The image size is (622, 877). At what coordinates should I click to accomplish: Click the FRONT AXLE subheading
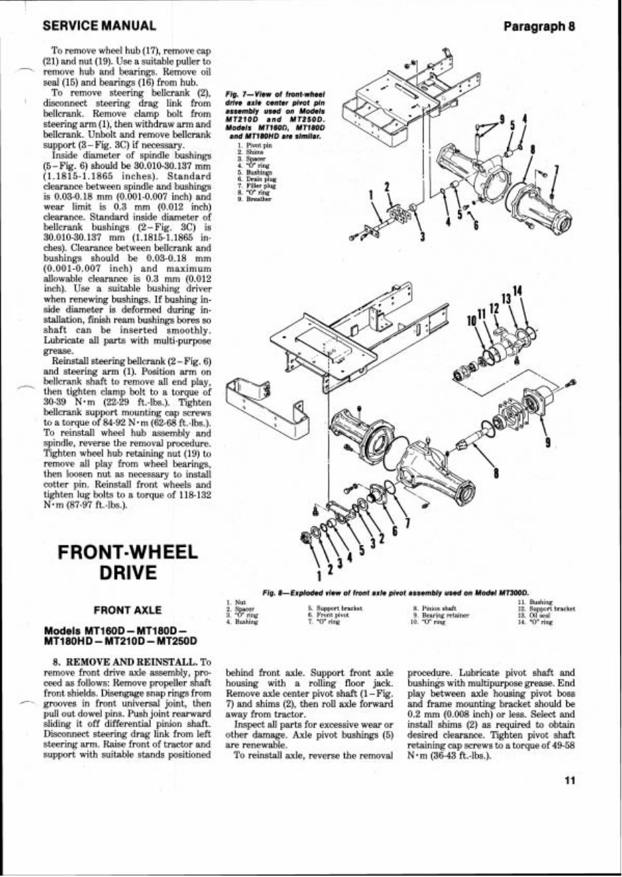122,610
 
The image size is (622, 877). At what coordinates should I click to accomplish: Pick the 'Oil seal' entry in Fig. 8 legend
534,613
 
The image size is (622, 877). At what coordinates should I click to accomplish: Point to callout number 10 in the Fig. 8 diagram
471,320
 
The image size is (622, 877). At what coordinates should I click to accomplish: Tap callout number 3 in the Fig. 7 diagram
423,236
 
